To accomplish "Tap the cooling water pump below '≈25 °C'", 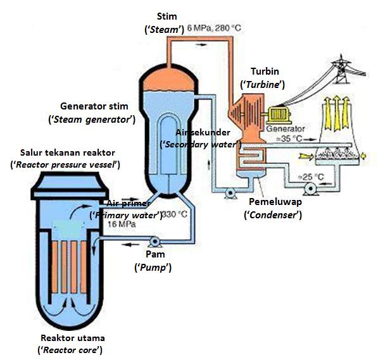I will [x=309, y=189].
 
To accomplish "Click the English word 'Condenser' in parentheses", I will [x=272, y=215].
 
